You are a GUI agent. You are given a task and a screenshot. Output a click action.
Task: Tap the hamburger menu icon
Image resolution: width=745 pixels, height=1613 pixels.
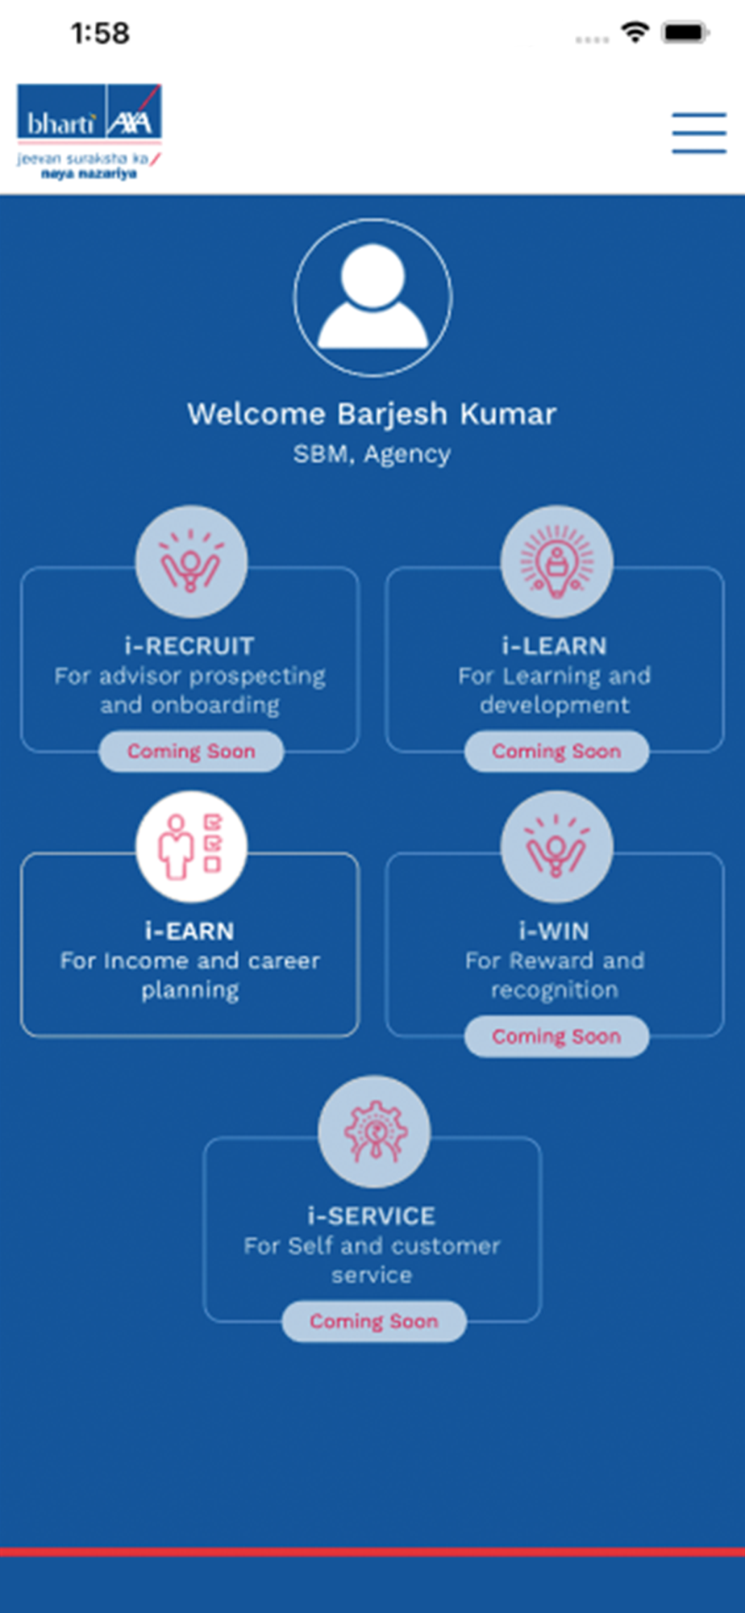699,132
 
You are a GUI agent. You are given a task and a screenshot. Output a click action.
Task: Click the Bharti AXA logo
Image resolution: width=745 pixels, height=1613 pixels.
89,131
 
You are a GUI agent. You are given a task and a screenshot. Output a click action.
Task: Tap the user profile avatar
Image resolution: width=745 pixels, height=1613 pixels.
372,298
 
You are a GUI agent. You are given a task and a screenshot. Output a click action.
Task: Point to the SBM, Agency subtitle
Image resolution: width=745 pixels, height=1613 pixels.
372,454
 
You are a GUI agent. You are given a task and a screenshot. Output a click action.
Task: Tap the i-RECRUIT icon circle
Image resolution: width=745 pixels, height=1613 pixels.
191,561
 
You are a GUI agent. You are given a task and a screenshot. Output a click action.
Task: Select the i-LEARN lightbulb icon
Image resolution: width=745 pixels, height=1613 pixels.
556,561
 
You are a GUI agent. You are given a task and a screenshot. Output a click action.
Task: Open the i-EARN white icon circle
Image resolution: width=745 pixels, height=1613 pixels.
191,846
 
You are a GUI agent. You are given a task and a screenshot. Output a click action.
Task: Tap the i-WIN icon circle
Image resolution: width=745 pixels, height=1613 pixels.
556,846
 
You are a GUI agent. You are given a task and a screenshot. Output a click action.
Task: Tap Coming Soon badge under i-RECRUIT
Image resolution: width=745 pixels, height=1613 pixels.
191,752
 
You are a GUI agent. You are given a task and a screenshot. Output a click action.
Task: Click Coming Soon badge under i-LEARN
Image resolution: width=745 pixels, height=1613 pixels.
556,752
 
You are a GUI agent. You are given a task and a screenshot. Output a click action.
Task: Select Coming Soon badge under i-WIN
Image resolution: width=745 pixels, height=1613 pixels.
556,1036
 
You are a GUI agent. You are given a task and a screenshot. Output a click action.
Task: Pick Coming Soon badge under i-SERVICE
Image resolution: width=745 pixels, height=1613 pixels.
374,1321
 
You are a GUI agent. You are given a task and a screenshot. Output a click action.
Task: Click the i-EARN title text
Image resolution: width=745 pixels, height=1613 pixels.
189,931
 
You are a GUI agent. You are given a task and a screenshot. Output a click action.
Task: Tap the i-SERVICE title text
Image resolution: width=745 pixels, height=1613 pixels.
372,1215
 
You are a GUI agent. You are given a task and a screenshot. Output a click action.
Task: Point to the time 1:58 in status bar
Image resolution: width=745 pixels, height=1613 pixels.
100,33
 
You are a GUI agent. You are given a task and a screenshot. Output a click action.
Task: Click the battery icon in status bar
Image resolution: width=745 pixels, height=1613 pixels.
685,33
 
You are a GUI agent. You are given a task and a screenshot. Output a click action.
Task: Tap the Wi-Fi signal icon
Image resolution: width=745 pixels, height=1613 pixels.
635,32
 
